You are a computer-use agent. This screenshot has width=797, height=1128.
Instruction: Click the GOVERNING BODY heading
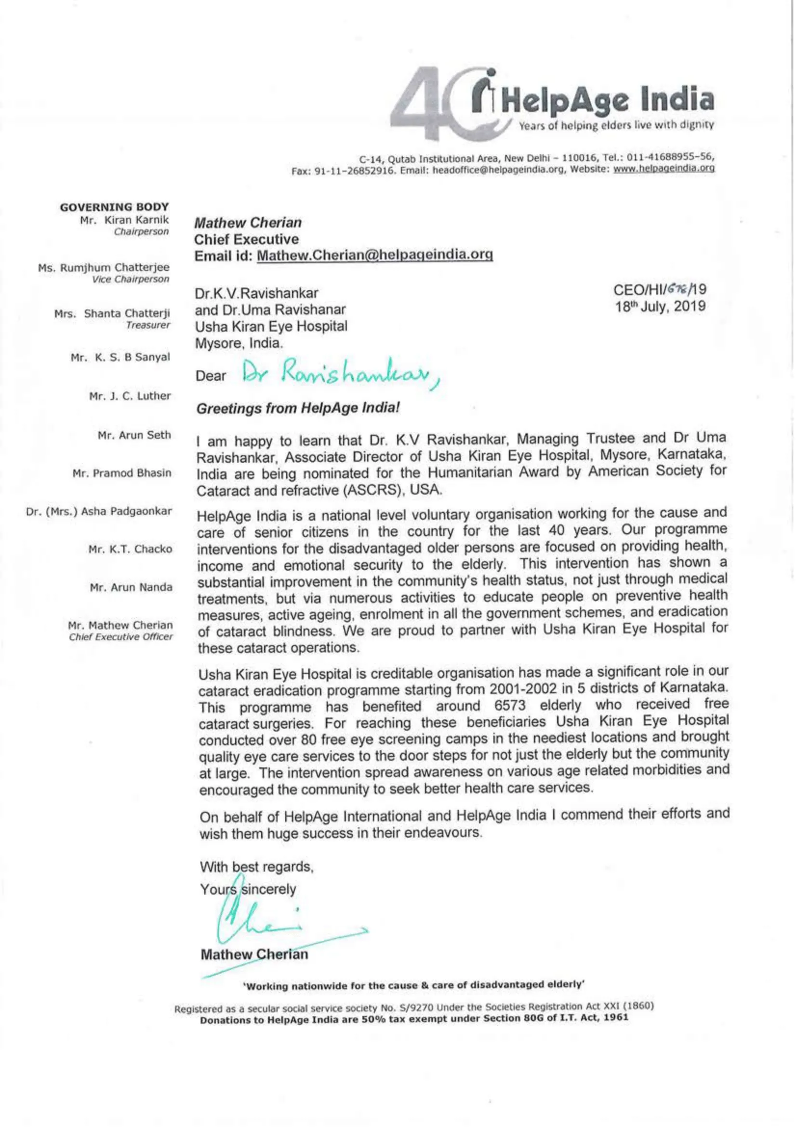(114, 207)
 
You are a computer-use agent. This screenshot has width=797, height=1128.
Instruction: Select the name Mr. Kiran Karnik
(124, 220)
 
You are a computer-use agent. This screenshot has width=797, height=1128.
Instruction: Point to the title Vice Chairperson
(130, 279)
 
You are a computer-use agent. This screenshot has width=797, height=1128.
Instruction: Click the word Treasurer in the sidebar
(148, 325)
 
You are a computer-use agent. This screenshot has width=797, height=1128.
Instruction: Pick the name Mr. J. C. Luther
(130, 395)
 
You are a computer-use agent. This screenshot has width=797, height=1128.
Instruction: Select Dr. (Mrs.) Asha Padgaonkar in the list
(99, 511)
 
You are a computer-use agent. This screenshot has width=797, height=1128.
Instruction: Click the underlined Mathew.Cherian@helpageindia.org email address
(375, 255)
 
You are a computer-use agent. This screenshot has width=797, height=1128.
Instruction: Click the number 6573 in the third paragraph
(510, 706)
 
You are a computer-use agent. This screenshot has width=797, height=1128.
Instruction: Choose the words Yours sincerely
(248, 889)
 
